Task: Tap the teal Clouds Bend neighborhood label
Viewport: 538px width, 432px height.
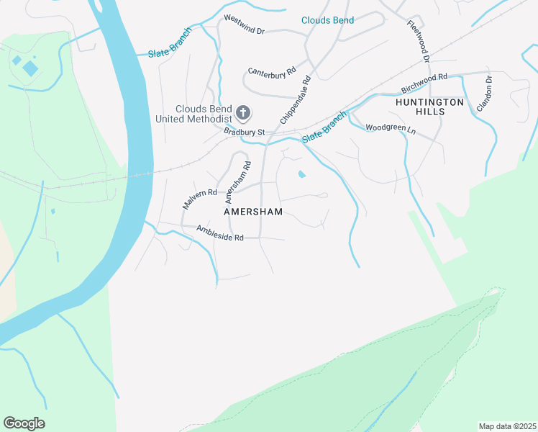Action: tap(327, 20)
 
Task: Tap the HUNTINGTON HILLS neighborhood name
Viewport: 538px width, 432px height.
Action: tap(429, 108)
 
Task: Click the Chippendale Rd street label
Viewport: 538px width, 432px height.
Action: tap(296, 99)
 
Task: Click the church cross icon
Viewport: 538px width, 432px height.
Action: tap(243, 112)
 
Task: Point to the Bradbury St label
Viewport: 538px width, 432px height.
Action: tap(245, 132)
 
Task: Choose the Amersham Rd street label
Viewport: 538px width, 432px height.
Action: tap(237, 181)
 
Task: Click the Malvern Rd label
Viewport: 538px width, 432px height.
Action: tap(199, 198)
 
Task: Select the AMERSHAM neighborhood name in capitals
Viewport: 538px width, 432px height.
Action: tap(253, 212)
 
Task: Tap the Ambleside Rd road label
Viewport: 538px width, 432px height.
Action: tap(220, 233)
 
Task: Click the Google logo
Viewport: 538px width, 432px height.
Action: tap(24, 423)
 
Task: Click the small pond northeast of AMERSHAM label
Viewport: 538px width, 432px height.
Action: tap(301, 174)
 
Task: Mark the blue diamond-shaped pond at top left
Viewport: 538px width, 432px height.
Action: tap(30, 68)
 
